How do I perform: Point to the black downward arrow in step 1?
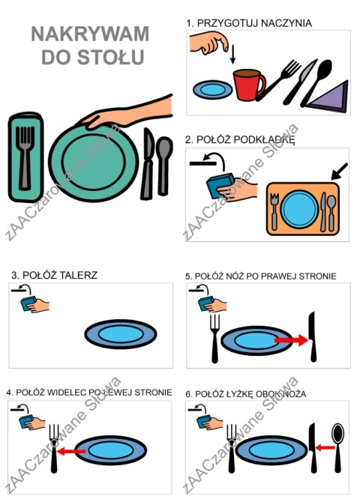click(232, 54)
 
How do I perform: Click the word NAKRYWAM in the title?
click(90, 34)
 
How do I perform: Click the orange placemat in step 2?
click(303, 209)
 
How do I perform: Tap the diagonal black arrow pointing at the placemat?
click(340, 171)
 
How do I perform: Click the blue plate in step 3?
click(121, 334)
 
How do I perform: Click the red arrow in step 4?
click(71, 450)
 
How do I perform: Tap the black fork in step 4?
click(55, 449)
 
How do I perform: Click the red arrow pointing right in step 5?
click(291, 340)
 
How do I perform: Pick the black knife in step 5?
click(313, 336)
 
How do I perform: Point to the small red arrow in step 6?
click(325, 447)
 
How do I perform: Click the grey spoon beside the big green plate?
click(163, 166)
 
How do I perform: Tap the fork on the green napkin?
click(25, 157)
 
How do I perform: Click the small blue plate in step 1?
click(212, 89)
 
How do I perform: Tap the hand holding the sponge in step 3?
click(39, 306)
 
